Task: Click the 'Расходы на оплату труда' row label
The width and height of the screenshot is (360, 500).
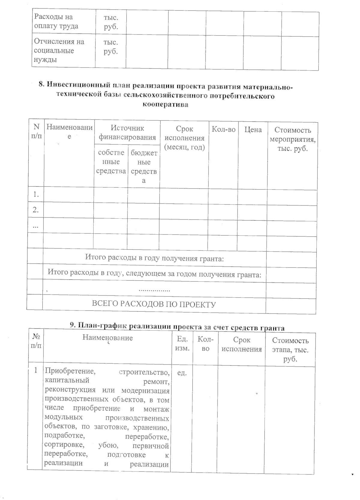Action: (56, 21)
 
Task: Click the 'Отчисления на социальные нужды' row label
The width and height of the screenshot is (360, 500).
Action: (59, 50)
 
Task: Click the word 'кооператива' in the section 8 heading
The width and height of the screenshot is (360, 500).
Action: (165, 105)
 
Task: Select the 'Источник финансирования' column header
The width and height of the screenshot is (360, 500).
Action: (127, 133)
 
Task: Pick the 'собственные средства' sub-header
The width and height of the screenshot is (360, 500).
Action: (111, 162)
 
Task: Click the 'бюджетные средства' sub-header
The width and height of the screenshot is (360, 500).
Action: (144, 167)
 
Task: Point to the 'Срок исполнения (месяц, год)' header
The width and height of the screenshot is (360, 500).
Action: (184, 138)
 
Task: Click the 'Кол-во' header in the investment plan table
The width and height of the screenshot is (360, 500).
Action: (223, 129)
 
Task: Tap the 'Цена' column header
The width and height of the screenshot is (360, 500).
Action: (253, 130)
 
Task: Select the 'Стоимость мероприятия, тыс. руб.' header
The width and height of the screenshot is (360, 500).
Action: (292, 139)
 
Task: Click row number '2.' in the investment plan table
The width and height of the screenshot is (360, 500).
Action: (35, 210)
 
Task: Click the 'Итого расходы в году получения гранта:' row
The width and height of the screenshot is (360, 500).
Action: (154, 258)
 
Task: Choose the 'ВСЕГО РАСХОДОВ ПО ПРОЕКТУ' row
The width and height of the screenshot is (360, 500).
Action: (154, 304)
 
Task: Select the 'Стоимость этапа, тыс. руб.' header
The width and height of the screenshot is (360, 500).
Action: (290, 350)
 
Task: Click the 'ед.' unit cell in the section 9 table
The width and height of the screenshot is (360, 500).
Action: (182, 373)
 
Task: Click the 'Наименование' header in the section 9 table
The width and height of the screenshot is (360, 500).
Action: (107, 338)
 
